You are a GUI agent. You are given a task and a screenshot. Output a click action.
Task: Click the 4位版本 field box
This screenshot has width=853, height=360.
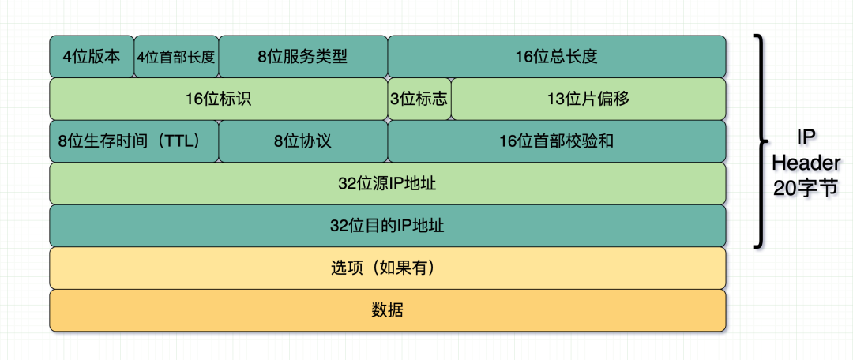92,57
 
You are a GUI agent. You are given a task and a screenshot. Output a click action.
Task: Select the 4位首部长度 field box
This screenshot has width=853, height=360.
176,57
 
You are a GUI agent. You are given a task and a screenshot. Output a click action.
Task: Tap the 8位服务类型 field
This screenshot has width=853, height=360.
302,57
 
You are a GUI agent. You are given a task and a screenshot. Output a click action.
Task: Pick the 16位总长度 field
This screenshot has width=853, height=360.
556,57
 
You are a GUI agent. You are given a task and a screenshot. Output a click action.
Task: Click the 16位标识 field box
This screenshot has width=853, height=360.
218,99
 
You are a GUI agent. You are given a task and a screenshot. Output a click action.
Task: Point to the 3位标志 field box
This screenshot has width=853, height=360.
419,99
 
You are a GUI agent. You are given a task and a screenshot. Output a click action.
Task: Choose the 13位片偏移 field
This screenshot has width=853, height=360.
588,99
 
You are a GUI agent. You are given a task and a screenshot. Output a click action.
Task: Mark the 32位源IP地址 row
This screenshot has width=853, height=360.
387,184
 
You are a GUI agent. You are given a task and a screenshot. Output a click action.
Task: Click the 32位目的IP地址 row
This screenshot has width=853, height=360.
387,226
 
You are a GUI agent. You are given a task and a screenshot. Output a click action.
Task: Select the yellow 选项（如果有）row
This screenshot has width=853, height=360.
387,268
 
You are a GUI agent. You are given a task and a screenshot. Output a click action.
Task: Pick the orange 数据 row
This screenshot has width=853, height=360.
387,310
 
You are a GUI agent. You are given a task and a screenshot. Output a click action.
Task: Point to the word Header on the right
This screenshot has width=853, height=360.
806,163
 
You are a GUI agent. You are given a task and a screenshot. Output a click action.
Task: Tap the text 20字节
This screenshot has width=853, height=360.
806,189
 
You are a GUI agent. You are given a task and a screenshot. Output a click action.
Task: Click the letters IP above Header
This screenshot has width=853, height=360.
806,137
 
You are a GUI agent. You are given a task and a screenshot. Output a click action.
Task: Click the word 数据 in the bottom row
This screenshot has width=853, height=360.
387,310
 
